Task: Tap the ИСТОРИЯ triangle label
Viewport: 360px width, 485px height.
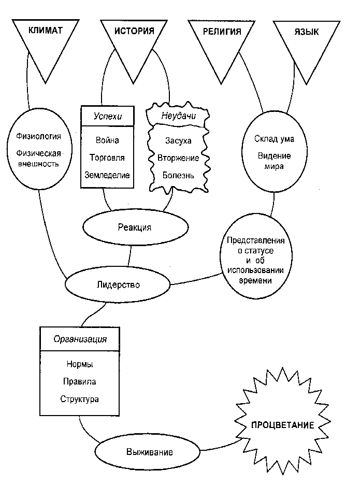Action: pyautogui.click(x=134, y=31)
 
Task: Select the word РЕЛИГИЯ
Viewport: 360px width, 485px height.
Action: pyautogui.click(x=222, y=32)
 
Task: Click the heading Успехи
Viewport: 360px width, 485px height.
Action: pyautogui.click(x=108, y=116)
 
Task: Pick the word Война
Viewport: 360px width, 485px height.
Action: pyautogui.click(x=107, y=140)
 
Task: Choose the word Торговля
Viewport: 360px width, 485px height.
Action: pyautogui.click(x=107, y=158)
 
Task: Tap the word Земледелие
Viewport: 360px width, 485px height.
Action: pyautogui.click(x=107, y=175)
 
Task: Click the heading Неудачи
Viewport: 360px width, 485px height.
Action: pyautogui.click(x=179, y=116)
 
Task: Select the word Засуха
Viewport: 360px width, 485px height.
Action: pyautogui.click(x=178, y=141)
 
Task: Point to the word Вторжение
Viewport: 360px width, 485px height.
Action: pyautogui.click(x=178, y=158)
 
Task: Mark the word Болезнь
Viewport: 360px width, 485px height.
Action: pyautogui.click(x=178, y=175)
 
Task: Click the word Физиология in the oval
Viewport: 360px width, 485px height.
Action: pyautogui.click(x=39, y=136)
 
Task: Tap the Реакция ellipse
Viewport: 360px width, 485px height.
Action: pyautogui.click(x=136, y=227)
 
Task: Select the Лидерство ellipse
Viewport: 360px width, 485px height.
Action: pyautogui.click(x=118, y=284)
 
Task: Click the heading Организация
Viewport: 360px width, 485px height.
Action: pyautogui.click(x=80, y=339)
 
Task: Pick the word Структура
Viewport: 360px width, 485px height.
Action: pyautogui.click(x=79, y=399)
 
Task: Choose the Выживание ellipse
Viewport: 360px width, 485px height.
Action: pyautogui.click(x=147, y=452)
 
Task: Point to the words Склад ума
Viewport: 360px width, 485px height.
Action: pyautogui.click(x=274, y=139)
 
